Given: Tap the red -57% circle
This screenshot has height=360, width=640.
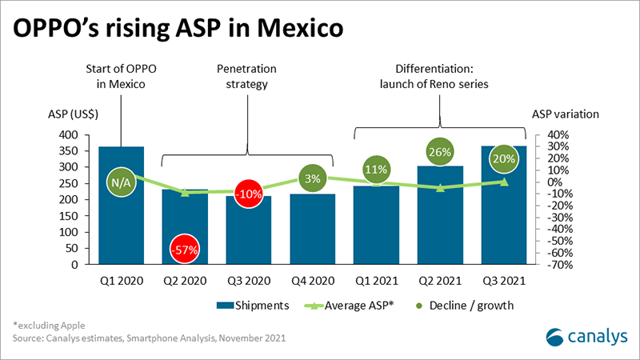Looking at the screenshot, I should (185, 250).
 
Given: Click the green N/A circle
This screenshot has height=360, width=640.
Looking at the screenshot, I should (121, 183).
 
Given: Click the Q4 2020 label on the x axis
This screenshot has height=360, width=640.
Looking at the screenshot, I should (312, 280).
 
